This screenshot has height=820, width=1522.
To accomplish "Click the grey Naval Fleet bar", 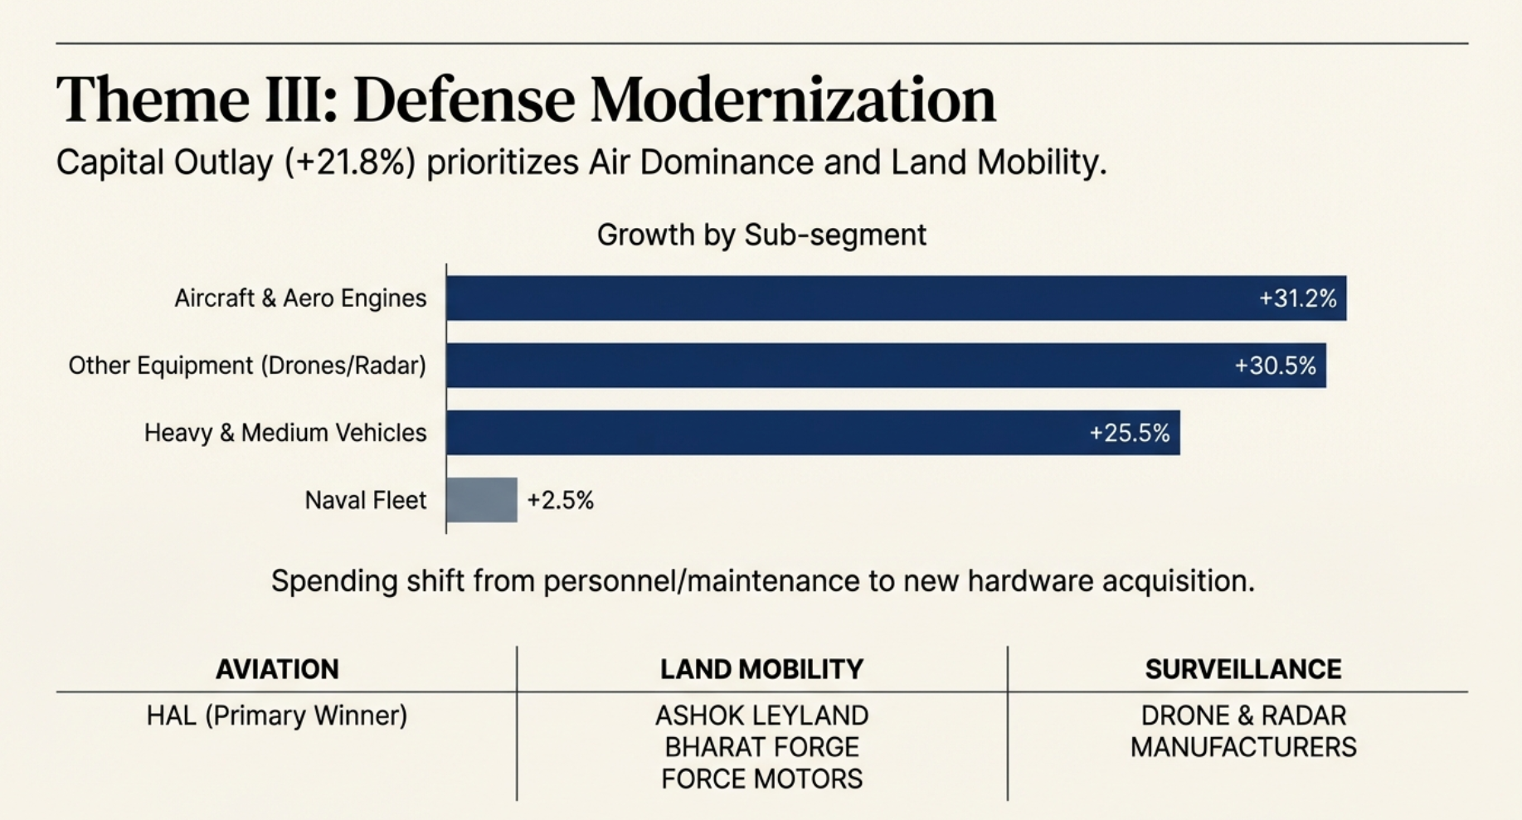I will point(481,500).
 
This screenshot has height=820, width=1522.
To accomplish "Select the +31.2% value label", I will point(1297,298).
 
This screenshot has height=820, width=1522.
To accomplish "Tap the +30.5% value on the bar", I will point(1275,366).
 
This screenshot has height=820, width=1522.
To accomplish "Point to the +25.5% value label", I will point(1129,433).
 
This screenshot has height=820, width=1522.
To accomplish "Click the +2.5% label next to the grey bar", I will point(561,500).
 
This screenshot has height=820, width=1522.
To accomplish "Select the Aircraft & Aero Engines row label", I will point(300,298).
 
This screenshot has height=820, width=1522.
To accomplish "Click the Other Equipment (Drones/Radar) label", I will point(247,366).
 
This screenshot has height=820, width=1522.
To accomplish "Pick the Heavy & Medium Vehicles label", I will point(285,433).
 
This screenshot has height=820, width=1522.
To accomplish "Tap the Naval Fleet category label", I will point(365,500).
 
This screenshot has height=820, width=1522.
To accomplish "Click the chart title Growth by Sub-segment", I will point(761,235).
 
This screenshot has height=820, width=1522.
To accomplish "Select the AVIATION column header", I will point(277,669).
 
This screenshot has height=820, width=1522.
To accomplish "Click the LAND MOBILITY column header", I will point(761,669).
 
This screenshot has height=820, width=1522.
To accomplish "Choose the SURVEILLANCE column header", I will point(1242,669).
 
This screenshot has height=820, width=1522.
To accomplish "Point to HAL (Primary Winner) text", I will point(277,716).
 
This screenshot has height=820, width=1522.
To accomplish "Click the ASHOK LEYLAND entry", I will point(761,716).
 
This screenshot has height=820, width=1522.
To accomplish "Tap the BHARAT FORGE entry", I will point(761,747).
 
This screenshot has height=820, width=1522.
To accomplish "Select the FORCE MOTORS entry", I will point(761,779).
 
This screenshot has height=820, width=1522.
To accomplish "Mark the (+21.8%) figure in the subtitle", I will point(349,163).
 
